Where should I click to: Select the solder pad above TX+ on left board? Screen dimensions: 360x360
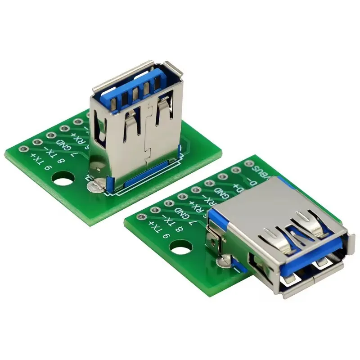pos(21,147)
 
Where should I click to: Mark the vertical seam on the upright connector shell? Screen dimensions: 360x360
pos(144,135)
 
